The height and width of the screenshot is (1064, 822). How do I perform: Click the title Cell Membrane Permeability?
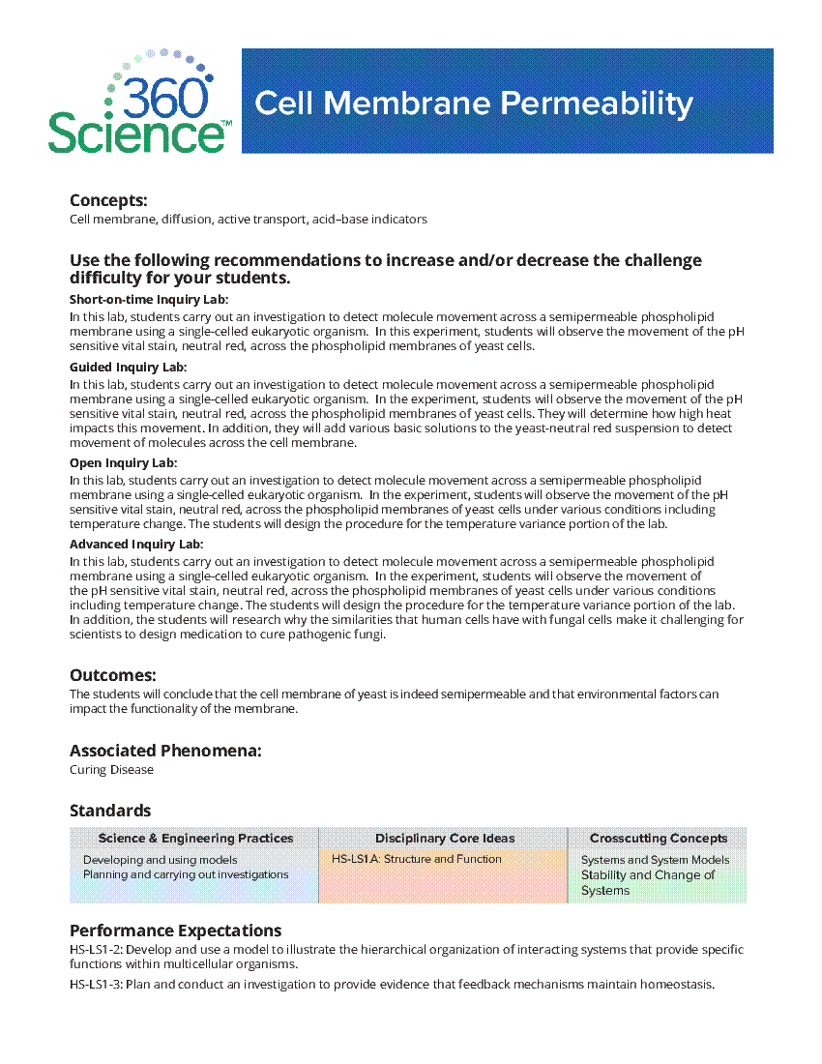coord(473,103)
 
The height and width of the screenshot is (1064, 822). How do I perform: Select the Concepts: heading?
coord(108,200)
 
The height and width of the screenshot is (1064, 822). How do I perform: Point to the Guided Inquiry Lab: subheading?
coord(128,368)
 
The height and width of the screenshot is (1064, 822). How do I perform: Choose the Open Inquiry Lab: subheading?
coord(123,463)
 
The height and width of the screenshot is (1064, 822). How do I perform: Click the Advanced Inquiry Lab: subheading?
coord(136,545)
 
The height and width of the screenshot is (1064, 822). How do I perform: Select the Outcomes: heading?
coord(112,675)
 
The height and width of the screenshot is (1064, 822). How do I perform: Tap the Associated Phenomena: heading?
coord(165,751)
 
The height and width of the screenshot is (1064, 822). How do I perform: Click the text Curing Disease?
coord(111,770)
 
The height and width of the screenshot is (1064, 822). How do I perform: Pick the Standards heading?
coord(110,811)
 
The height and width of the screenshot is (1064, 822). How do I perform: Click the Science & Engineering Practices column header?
coord(195,839)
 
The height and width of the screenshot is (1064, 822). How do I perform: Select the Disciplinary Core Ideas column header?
coord(445,839)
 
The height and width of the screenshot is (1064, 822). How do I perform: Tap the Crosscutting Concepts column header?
coord(659,839)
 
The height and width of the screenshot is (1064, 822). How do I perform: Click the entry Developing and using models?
coord(160,860)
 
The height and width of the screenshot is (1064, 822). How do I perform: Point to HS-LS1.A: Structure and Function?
coord(417,859)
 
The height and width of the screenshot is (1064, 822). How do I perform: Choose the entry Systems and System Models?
coord(655,860)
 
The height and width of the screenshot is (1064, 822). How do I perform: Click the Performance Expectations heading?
coord(175,931)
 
